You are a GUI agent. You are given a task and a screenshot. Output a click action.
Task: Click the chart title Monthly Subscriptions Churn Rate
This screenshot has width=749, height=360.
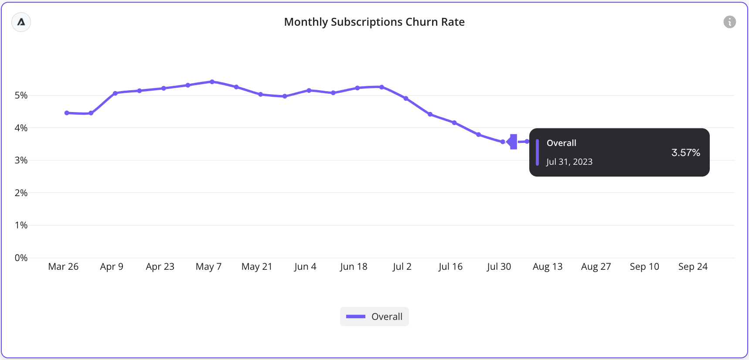374,22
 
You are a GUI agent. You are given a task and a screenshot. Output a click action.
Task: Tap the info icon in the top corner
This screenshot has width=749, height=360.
729,22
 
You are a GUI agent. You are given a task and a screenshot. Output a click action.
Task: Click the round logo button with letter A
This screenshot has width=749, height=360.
21,22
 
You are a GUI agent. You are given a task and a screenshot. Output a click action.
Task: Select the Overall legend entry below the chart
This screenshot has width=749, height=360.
374,316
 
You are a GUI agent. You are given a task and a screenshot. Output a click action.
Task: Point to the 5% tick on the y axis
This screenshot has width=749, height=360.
21,95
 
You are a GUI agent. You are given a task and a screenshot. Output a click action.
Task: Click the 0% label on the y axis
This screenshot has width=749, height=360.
21,258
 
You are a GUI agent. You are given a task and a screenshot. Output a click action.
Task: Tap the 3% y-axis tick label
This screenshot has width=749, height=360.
21,160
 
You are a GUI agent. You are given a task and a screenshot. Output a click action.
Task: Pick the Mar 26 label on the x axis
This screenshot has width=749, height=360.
63,267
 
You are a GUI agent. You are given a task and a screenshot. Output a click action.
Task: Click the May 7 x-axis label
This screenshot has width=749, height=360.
208,267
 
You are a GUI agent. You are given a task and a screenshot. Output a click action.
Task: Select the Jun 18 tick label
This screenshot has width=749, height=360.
354,267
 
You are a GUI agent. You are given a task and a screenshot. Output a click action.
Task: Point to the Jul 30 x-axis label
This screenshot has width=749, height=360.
499,267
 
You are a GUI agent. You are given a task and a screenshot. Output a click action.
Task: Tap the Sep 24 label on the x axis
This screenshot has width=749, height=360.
693,267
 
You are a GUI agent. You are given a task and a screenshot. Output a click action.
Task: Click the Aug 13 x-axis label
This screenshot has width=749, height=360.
548,267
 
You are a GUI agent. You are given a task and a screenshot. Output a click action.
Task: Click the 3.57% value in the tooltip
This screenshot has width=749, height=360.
685,153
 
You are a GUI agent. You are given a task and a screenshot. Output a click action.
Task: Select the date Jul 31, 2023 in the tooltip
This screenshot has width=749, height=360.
569,162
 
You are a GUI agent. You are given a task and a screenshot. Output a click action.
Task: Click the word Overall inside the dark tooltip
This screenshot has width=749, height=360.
561,143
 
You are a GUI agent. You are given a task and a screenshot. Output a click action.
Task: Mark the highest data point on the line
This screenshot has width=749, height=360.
212,82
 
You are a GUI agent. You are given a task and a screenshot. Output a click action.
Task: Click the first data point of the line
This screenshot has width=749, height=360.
67,113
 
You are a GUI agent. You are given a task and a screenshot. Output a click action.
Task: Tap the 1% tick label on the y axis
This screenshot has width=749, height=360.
21,225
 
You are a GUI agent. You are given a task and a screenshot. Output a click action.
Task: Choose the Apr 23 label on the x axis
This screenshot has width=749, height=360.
160,267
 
